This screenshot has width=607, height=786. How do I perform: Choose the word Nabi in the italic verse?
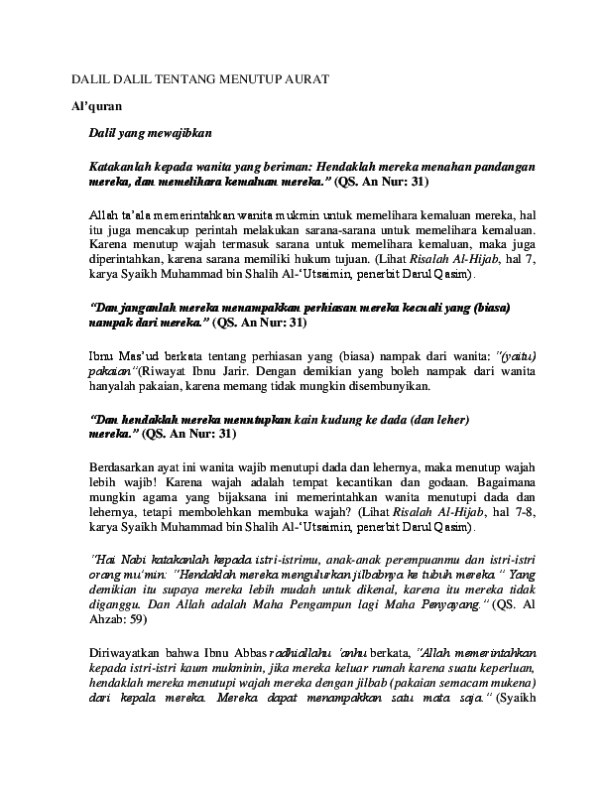coord(130,560)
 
